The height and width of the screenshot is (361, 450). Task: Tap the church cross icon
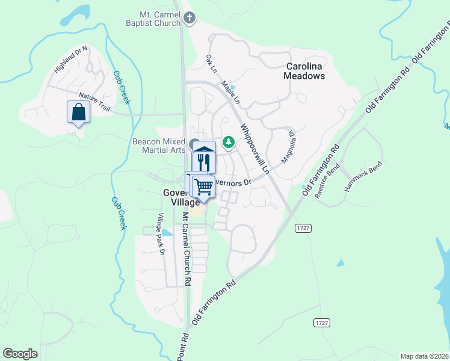[x=190, y=18]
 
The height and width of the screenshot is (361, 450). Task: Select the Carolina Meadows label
[x=305, y=71]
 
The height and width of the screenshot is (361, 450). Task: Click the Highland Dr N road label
[x=70, y=60]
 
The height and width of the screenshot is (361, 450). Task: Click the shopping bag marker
[x=78, y=112]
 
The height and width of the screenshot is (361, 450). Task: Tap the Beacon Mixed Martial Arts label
[x=158, y=146]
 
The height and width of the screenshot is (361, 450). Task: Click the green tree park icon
[x=228, y=143]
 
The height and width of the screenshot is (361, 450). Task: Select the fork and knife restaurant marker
[x=204, y=162]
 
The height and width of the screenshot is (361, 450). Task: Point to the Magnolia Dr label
[x=288, y=148]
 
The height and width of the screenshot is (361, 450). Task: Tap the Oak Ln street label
[x=211, y=63]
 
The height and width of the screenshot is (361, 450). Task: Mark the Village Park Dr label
[x=161, y=235]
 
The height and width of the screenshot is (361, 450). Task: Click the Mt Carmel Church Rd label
[x=187, y=248]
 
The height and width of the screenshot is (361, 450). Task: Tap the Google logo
[x=20, y=354]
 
